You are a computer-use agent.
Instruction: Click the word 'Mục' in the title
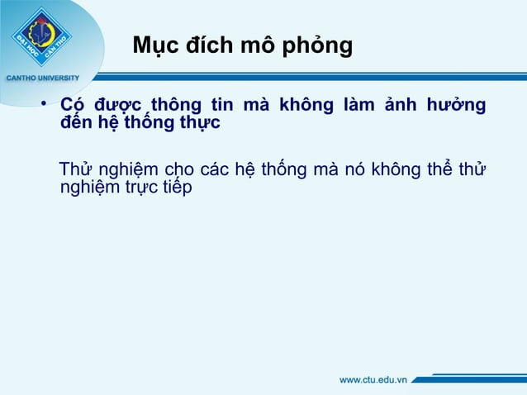coord(154,45)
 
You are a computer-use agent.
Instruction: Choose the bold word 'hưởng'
coord(458,107)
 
